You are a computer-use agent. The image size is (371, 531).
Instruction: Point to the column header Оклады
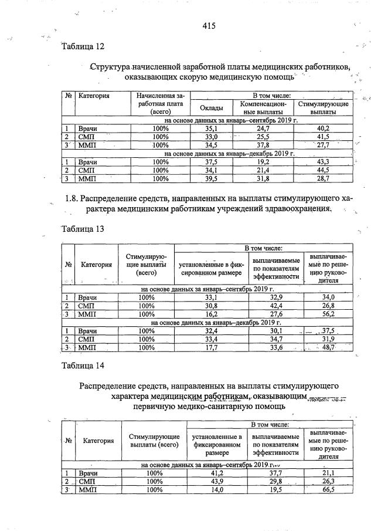(x=211, y=107)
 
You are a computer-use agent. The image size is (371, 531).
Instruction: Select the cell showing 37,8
(x=263, y=145)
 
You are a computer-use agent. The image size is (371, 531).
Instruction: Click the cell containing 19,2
(x=263, y=162)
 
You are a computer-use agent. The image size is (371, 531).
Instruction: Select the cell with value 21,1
(x=328, y=473)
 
